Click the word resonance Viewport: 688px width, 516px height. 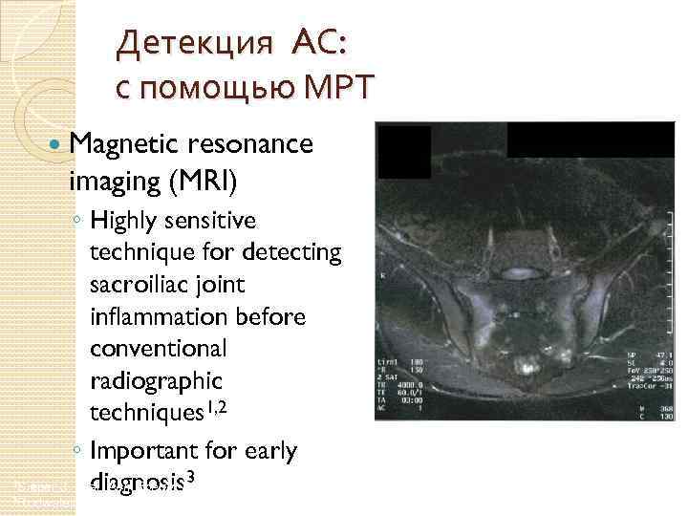(253, 144)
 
